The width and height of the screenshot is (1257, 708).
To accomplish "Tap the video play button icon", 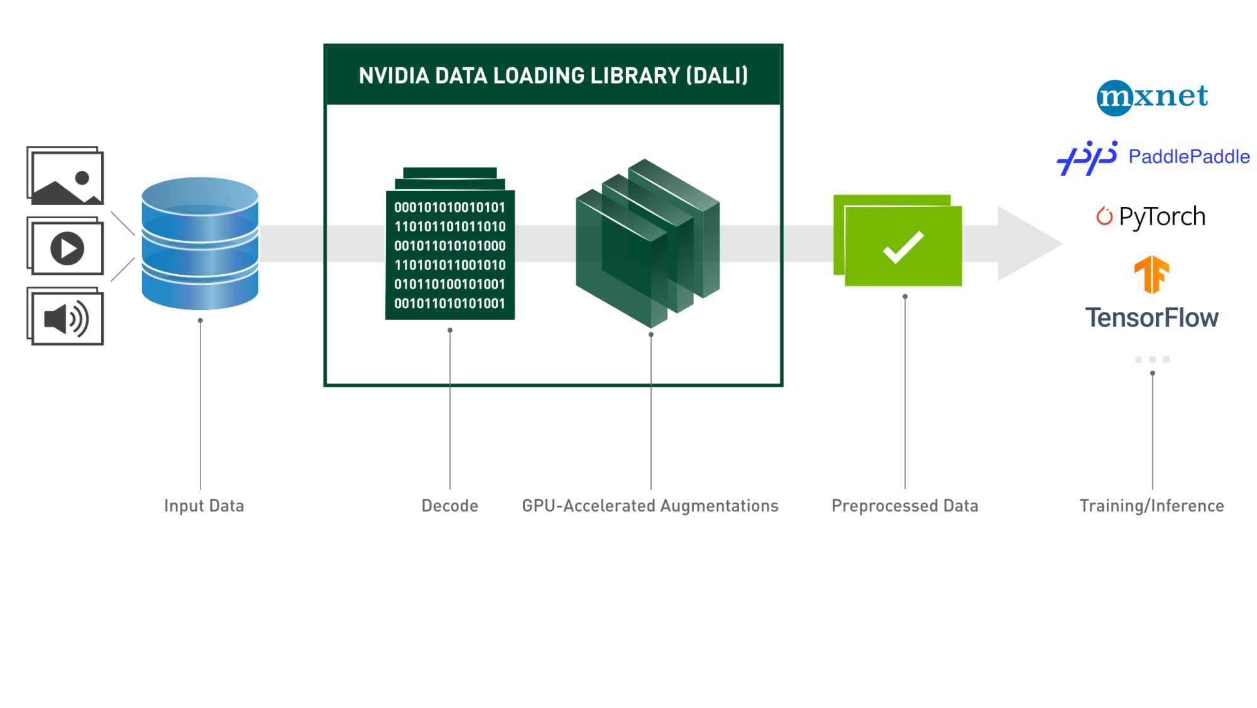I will (67, 248).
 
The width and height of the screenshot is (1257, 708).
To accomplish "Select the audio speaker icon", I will (66, 319).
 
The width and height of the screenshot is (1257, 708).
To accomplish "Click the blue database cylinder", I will (200, 244).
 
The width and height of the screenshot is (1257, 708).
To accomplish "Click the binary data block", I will (450, 255).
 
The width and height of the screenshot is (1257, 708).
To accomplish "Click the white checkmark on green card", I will (903, 246).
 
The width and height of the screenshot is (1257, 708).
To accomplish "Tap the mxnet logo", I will (1152, 97).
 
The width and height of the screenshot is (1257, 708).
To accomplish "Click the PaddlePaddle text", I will (1188, 157).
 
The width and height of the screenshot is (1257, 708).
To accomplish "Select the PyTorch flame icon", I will (1104, 216).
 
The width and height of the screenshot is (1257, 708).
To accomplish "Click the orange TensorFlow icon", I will (1151, 275).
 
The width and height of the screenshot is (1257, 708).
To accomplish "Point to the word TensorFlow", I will (1151, 318).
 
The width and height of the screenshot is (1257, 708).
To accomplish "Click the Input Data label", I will (204, 506).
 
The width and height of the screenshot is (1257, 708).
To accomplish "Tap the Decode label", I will (449, 506).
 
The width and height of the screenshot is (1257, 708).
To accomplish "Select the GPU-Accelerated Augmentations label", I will (650, 506).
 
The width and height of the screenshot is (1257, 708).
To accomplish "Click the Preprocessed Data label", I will (904, 506).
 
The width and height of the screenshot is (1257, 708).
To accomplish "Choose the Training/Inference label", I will (1151, 506).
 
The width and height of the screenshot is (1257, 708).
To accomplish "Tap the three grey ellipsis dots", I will (1152, 360).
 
